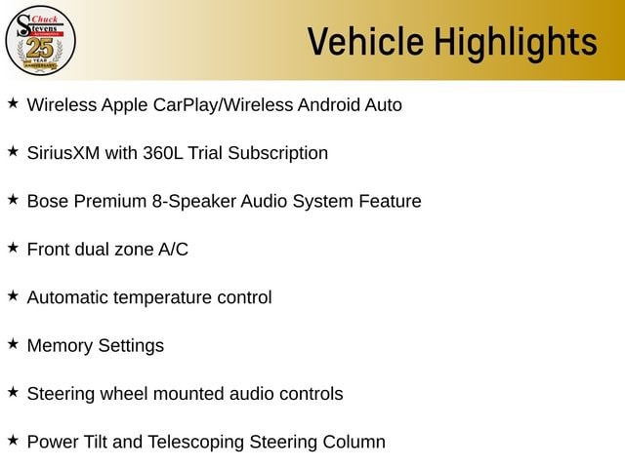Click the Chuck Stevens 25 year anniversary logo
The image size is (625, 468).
40,40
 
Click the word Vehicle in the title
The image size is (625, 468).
365,41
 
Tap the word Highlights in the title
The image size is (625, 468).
516,44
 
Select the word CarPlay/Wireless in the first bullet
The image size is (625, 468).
224,105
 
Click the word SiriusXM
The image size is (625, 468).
63,153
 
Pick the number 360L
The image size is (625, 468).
163,153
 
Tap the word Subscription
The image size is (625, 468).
277,154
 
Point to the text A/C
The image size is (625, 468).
173,250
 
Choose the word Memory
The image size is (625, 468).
60,346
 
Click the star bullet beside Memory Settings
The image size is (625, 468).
13,344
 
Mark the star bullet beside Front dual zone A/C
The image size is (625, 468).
13,248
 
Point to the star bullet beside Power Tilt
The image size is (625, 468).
13,440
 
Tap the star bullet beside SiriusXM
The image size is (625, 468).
13,151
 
